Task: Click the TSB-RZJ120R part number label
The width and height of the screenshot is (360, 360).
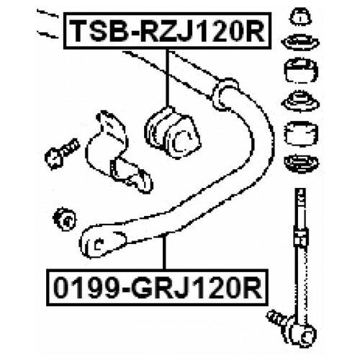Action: (167, 31)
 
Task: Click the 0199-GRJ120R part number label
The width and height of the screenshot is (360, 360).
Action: (157, 287)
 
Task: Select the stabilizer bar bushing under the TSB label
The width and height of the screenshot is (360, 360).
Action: (172, 132)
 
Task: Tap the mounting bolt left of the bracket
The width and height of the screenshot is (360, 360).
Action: (62, 153)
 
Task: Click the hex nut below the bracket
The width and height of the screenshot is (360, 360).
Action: (64, 219)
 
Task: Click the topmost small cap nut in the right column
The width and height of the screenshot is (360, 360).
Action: (301, 17)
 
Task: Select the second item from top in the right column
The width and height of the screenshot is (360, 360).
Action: (300, 43)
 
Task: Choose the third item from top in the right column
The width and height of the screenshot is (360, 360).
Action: (301, 71)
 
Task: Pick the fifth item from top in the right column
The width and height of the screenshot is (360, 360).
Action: (301, 133)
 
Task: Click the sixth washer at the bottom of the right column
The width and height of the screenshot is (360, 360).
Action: (301, 163)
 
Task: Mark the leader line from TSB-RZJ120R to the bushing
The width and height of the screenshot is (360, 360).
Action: (168, 78)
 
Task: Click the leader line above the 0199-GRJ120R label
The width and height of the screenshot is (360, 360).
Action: (164, 252)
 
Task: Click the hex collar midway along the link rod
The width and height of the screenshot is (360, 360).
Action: (301, 237)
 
